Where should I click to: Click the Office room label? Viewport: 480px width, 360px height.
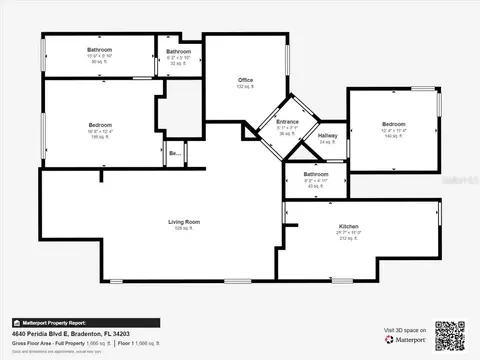coord(245,80)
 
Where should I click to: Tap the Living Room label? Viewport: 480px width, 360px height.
coord(184,221)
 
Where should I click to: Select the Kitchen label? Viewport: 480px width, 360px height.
coord(348,227)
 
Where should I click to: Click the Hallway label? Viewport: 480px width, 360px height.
coord(327,135)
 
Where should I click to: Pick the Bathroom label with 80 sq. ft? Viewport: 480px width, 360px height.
coord(99,50)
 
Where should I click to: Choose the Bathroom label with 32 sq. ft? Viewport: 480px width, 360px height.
coord(178,51)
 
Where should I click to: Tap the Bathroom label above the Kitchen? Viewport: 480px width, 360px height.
coord(315,175)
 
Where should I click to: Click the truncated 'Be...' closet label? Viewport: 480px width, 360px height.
coord(175,153)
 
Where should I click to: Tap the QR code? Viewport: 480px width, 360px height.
coord(450,335)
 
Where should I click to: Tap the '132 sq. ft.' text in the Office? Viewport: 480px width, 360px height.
coord(245,87)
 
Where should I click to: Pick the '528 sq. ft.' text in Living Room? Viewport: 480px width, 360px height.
coord(184,228)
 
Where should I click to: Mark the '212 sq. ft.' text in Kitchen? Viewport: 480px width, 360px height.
coord(348,239)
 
